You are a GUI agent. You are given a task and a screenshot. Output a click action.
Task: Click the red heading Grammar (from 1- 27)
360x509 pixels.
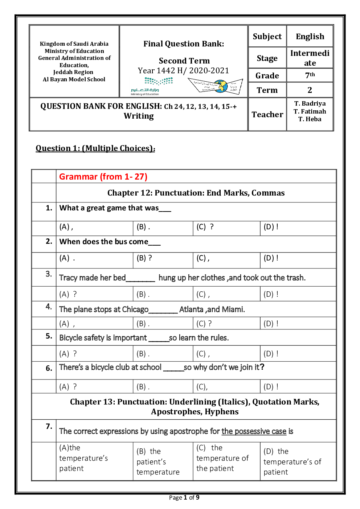tap(103, 177)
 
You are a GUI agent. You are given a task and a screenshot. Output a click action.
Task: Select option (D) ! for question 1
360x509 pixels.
tap(271, 227)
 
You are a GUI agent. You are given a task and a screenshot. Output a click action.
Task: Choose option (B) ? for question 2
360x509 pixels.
tap(144, 258)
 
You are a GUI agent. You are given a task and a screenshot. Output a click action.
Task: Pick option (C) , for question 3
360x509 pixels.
tap(203, 294)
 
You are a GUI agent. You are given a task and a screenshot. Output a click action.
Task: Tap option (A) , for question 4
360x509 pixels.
tap(67, 324)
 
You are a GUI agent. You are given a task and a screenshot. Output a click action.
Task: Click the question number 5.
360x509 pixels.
tap(49, 336)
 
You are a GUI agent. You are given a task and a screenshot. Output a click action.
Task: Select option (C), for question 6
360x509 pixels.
tap(202, 387)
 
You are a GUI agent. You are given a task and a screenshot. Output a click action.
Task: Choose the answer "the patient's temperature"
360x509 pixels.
tap(158, 461)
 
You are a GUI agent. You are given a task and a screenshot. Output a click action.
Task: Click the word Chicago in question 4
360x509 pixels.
tap(135, 309)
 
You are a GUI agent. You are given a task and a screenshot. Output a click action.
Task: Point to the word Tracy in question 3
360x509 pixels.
tap(68, 278)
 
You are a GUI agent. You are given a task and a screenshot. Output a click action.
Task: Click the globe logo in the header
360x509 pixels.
tap(220, 86)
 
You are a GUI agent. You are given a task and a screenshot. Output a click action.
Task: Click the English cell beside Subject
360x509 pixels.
tap(310, 37)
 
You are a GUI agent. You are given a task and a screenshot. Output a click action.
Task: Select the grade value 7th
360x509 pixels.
tap(310, 75)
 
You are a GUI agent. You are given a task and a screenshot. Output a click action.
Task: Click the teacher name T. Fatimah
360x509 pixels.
tap(310, 111)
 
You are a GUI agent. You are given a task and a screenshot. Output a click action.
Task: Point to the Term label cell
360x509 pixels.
tap(267, 90)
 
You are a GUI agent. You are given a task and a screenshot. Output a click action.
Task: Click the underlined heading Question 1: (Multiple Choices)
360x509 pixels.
tap(95, 148)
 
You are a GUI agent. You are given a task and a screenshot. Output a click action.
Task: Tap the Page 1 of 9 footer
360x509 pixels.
tap(184, 497)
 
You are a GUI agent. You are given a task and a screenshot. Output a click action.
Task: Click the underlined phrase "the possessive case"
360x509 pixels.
tap(254, 431)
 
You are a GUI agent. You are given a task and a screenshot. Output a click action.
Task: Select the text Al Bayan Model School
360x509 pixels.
tap(74, 79)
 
